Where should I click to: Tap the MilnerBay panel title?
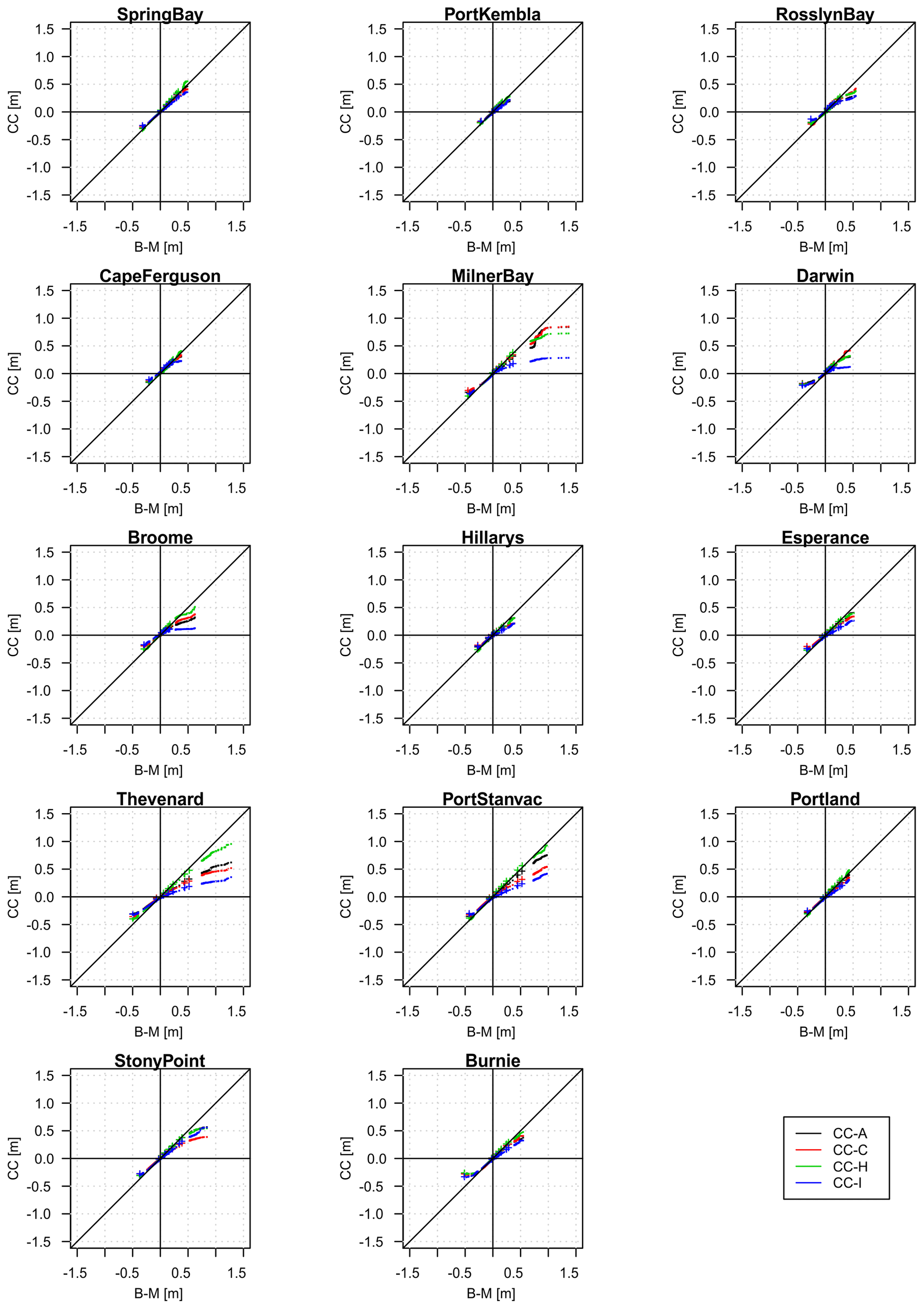[492, 276]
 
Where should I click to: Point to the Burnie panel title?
[492, 1061]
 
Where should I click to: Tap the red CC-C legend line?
[808, 1150]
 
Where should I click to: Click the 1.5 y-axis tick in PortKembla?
[377, 29]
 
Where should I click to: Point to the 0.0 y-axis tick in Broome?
[45, 636]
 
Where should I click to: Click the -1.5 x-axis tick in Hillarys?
[407, 750]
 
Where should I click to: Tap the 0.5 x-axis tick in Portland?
[846, 1012]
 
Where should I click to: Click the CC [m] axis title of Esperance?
[678, 635]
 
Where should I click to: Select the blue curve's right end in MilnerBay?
[569, 358]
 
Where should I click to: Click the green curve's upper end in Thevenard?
[231, 844]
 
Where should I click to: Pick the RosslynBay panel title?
[825, 14]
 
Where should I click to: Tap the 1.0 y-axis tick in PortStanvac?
[377, 842]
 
